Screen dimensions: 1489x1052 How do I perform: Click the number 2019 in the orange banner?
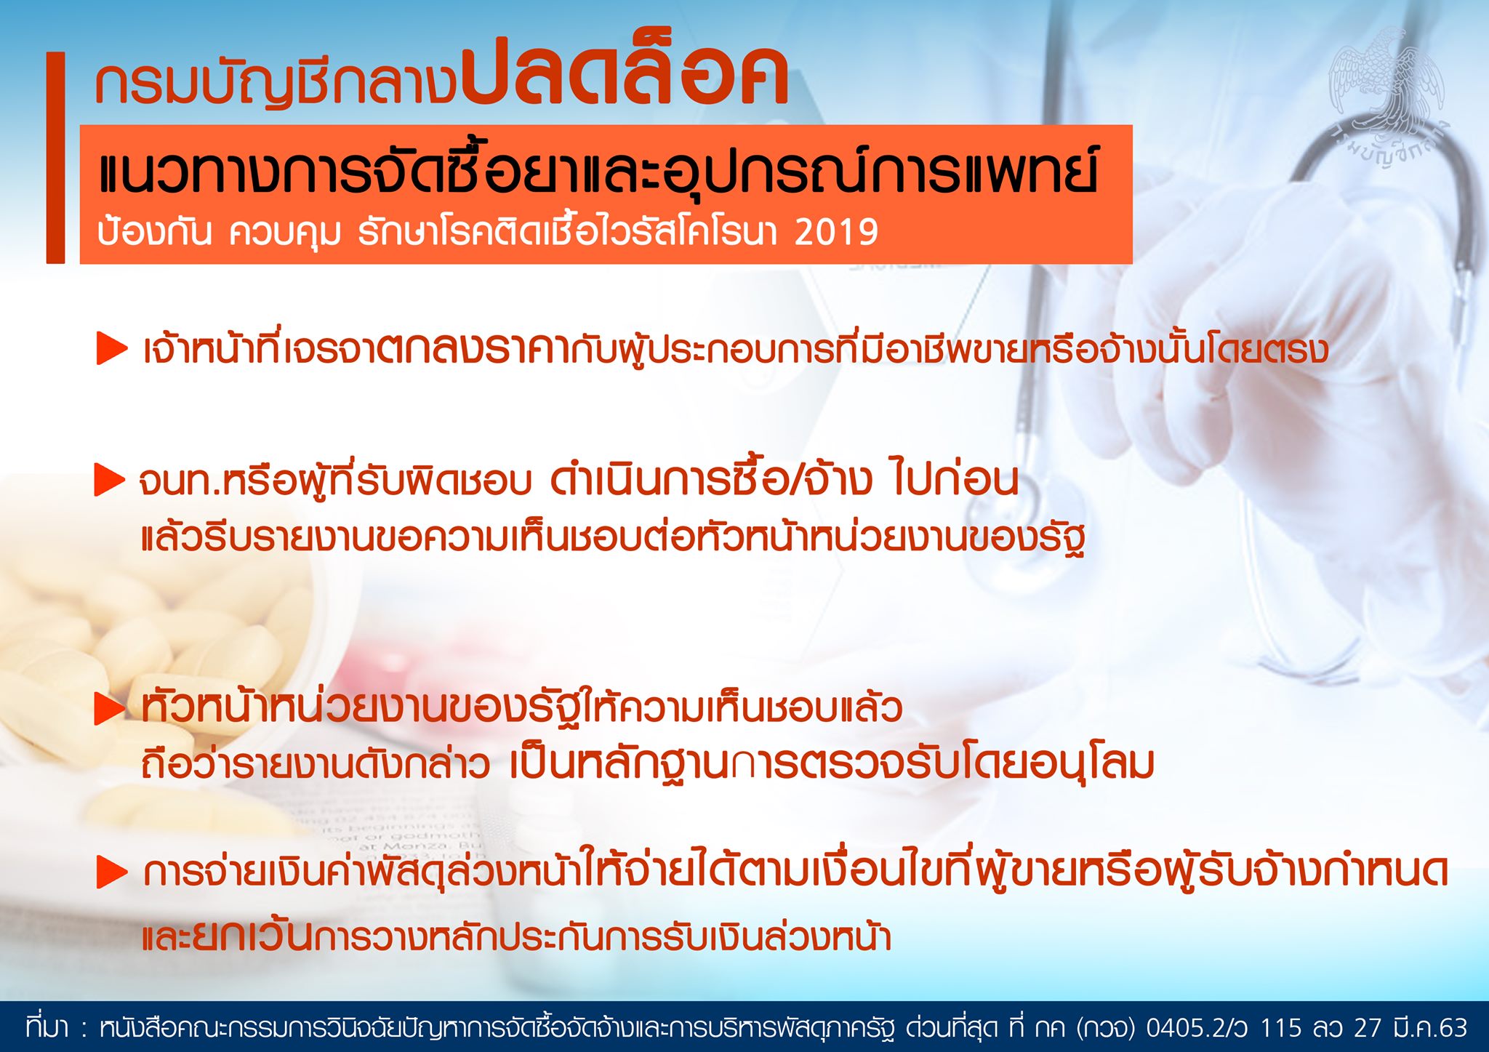coord(836,232)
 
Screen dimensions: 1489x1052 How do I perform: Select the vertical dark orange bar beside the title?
coord(55,157)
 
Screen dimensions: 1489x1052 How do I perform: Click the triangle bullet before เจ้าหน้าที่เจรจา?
coord(112,348)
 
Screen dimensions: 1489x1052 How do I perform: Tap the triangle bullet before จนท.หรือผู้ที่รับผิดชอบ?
coord(110,481)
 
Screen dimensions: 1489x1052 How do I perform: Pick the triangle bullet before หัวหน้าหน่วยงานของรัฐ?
coord(111,709)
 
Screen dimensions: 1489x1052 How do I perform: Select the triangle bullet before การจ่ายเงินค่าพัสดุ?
coord(112,872)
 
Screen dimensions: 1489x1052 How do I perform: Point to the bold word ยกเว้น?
coord(252,936)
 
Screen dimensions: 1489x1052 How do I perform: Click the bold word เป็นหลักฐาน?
coord(619,763)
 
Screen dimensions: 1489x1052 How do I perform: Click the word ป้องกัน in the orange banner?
coord(154,232)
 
